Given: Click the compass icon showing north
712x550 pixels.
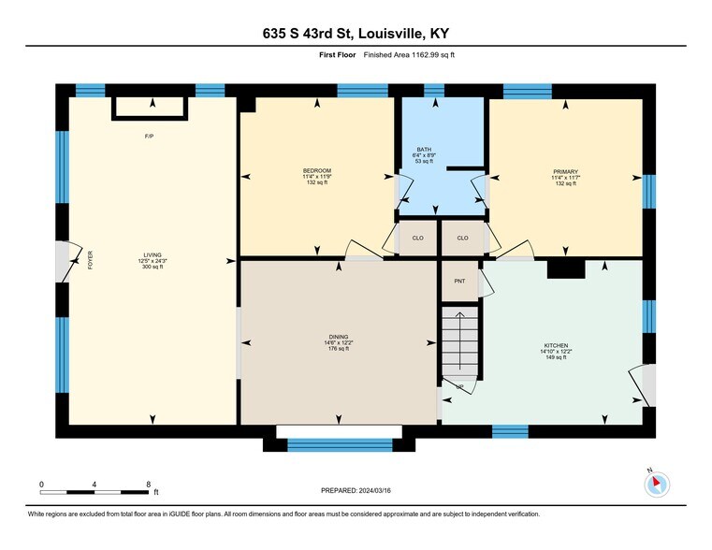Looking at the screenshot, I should point(658,484).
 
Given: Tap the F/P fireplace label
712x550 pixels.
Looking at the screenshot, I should point(149,137).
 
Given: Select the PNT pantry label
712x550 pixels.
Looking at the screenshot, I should point(459,281).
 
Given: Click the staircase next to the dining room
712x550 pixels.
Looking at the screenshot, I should point(459,346).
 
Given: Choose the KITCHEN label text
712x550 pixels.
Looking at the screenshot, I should point(556,346).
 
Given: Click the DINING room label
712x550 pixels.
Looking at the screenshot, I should point(339,337).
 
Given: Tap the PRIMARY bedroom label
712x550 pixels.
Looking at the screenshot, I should point(565,172).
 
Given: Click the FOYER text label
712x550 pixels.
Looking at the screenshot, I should point(91,260).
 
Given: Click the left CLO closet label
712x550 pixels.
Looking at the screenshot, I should point(418,238).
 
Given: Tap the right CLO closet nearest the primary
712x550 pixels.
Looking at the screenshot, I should point(462,238).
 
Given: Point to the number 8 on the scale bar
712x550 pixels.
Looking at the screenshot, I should point(149,484).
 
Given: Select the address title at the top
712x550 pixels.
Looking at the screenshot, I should point(356,34).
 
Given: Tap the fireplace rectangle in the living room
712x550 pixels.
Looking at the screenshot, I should point(150,108).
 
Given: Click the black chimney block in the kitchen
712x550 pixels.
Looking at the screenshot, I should point(565,268).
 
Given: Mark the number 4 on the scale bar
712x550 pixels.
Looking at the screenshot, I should point(94,484).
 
